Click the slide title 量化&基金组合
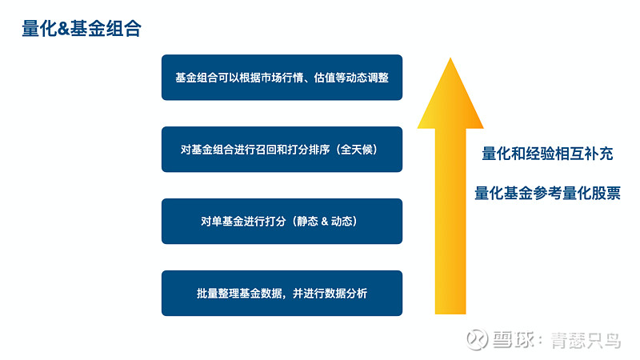[x=82, y=29]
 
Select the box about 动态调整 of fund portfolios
[x=282, y=78]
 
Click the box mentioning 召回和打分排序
[x=282, y=150]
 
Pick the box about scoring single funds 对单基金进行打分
[x=282, y=222]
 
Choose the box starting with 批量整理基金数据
[x=282, y=293]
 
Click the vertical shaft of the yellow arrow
[x=450, y=222]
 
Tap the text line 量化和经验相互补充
[x=547, y=154]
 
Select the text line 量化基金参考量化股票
[x=547, y=193]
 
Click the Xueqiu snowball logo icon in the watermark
[x=477, y=339]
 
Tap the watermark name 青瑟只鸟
[x=586, y=340]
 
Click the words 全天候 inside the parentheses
[x=356, y=150]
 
